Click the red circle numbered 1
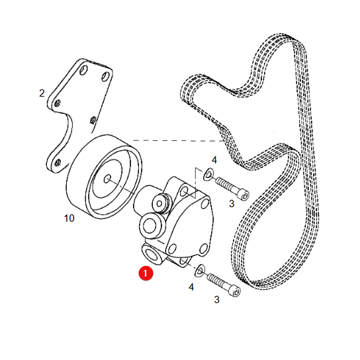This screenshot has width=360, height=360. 146,273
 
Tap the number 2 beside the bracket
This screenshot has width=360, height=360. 42,93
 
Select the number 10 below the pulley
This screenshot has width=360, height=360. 69,218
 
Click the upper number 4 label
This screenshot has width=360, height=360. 214,160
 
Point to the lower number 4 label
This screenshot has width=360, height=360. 191,287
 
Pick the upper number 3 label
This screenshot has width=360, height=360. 232,204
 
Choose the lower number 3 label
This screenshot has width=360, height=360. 217,299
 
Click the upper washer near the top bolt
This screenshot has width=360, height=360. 209,173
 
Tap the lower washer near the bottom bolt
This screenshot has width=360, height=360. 200,270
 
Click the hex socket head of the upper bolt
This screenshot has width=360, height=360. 244,195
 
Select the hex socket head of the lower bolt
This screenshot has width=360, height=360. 235,291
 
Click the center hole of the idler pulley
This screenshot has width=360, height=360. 107,179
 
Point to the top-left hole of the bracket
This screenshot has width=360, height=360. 83,69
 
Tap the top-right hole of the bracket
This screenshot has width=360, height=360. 105,77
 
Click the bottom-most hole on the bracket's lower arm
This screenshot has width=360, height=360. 58,162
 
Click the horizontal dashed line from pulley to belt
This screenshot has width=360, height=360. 179,140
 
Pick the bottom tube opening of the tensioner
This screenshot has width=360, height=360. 152,255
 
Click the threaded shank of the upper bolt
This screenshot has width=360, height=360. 225,184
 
